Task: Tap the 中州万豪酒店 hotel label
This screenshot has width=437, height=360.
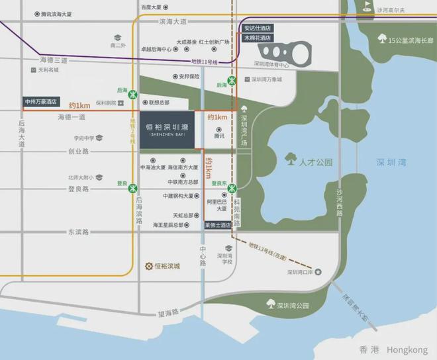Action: (x=42, y=103)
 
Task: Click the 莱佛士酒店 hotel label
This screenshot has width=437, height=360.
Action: (x=217, y=225)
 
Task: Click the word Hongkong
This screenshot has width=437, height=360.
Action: (x=407, y=349)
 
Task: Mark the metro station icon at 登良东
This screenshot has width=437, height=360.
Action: (x=231, y=189)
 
